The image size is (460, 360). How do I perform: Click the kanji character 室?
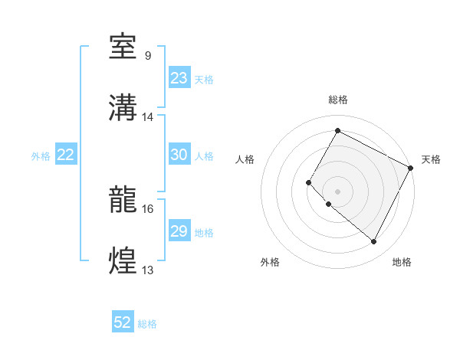pyautogui.click(x=124, y=47)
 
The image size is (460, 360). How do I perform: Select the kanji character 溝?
pyautogui.click(x=124, y=108)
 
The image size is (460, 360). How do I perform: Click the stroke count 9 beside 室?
pyautogui.click(x=148, y=56)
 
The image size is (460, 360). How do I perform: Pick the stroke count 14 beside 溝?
pyautogui.click(x=148, y=116)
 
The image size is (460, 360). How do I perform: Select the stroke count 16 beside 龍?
pyautogui.click(x=148, y=208)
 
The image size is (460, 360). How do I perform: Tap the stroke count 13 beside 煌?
pyautogui.click(x=148, y=270)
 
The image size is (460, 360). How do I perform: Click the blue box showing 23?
pyautogui.click(x=179, y=78)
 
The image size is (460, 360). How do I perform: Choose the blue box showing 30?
pyautogui.click(x=179, y=155)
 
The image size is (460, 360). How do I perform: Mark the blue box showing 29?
pyautogui.click(x=179, y=231)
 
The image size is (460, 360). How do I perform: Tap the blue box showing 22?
pyautogui.click(x=66, y=155)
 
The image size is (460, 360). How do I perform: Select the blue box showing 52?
pyautogui.click(x=123, y=322)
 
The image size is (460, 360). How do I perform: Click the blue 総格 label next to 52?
pyautogui.click(x=148, y=324)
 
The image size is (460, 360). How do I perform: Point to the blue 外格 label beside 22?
pyautogui.click(x=41, y=156)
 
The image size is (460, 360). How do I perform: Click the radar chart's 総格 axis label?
pyautogui.click(x=337, y=100)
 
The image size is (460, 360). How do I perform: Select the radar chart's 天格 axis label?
pyautogui.click(x=431, y=159)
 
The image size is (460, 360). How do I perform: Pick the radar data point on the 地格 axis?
pyautogui.click(x=374, y=242)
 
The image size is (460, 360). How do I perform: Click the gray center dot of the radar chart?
pyautogui.click(x=337, y=191)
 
